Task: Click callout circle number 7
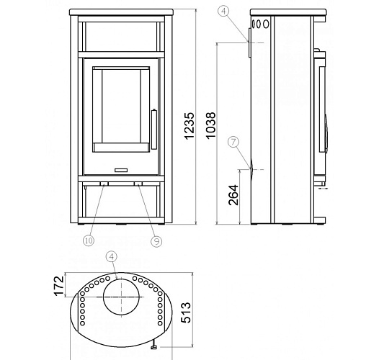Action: (x=232, y=143)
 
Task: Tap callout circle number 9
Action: (x=156, y=241)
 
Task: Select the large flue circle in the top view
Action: (x=123, y=297)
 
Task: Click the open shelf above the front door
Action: (x=120, y=35)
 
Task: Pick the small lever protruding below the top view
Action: (x=154, y=347)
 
